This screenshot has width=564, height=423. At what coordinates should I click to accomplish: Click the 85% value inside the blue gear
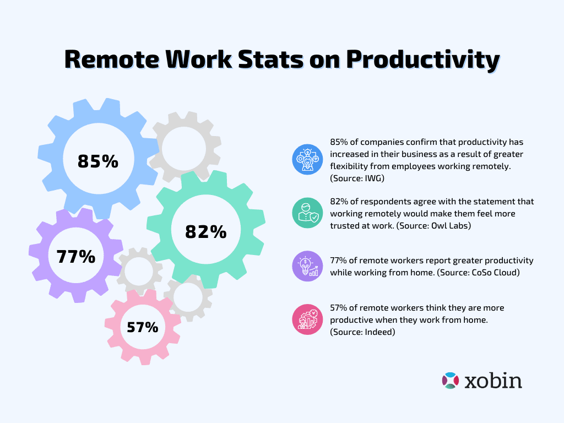[98, 161]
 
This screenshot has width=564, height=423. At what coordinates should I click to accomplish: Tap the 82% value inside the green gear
[206, 232]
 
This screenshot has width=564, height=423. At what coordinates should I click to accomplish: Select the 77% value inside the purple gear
[76, 257]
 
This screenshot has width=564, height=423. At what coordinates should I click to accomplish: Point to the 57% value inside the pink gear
[143, 327]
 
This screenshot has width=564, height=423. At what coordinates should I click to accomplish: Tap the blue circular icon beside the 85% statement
[307, 159]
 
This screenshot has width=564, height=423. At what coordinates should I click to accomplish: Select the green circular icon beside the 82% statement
[307, 213]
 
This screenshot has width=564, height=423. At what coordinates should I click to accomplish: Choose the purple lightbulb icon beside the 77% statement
[307, 267]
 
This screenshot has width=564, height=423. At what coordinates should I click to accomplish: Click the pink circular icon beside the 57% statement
[307, 319]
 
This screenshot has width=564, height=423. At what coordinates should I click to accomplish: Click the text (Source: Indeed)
[363, 332]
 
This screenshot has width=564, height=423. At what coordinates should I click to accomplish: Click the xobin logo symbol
[450, 381]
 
